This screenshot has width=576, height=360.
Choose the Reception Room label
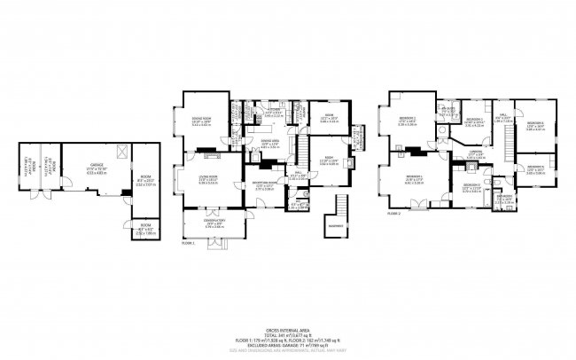[x=264, y=185]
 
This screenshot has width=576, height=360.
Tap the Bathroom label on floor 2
[x=502, y=199]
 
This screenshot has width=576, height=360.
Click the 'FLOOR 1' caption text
[x=187, y=241]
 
